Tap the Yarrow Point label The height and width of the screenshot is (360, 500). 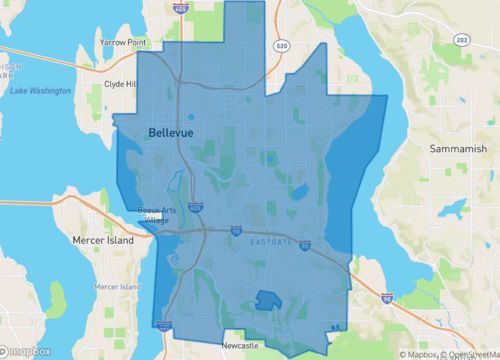pos(123,43)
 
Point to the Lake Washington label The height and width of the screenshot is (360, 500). pos(40,91)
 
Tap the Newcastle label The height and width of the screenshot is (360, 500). pos(240,345)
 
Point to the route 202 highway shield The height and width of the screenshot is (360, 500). pos(462,40)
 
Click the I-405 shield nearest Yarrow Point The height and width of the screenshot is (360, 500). pos(179,8)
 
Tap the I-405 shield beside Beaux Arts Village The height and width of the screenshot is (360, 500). pos(196,206)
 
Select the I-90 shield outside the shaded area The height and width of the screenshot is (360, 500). pos(386,298)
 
